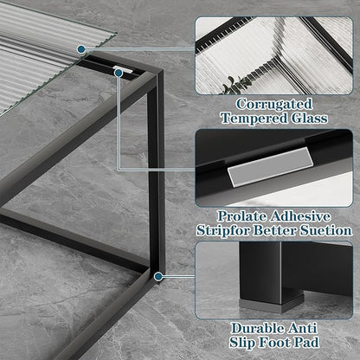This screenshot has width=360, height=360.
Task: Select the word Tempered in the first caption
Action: (251, 117)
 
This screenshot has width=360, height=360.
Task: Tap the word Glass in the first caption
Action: (306, 117)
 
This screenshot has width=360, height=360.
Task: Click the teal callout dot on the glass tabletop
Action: (80, 49)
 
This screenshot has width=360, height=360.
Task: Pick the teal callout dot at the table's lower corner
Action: (157, 276)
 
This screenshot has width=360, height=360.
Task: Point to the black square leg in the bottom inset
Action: (273, 272)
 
